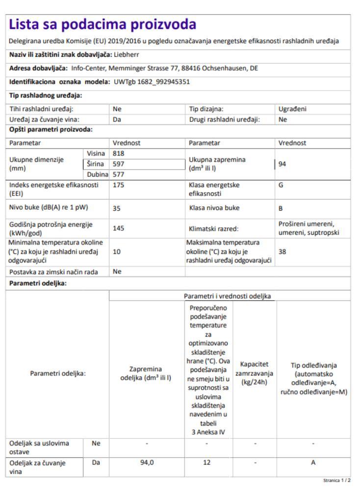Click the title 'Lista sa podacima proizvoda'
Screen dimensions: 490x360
pos(103,24)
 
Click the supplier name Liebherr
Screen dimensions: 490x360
pos(127,54)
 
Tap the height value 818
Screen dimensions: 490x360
pos(119,154)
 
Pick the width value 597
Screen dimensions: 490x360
pos(119,164)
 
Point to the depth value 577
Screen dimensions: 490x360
pos(119,174)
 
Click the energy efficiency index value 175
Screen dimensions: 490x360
pos(119,186)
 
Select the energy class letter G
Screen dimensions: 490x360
pos(281,186)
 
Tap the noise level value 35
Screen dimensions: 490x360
pos(117,208)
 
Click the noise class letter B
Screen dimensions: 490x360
pos(281,208)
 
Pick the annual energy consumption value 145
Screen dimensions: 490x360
pos(119,228)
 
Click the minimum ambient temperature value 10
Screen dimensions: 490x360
pos(117,251)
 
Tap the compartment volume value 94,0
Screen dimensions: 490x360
pos(146,462)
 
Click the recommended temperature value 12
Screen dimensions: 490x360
pos(206,462)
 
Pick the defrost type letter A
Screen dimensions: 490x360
pos(313,462)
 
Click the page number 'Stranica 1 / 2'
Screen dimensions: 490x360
pos(336,481)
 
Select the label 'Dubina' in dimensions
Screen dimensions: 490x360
pos(97,174)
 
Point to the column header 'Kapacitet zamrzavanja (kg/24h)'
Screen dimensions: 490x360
pos(255,373)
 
